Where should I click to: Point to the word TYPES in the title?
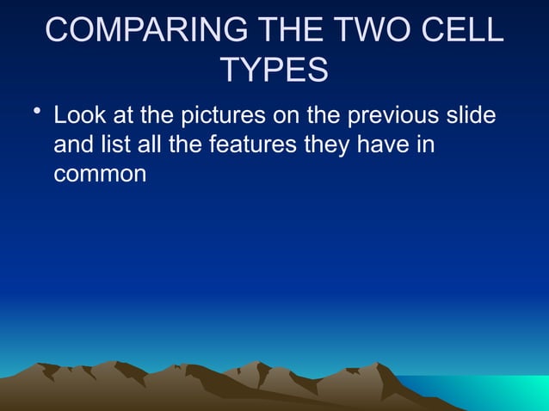tap(274, 71)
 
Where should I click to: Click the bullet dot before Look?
tap(33, 113)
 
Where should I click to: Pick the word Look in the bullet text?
tap(78, 115)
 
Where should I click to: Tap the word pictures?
tap(224, 115)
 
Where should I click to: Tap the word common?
tap(100, 174)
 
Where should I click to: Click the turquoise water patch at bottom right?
tap(508, 392)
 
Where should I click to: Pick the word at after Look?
tap(120, 115)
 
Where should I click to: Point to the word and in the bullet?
tap(74, 144)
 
